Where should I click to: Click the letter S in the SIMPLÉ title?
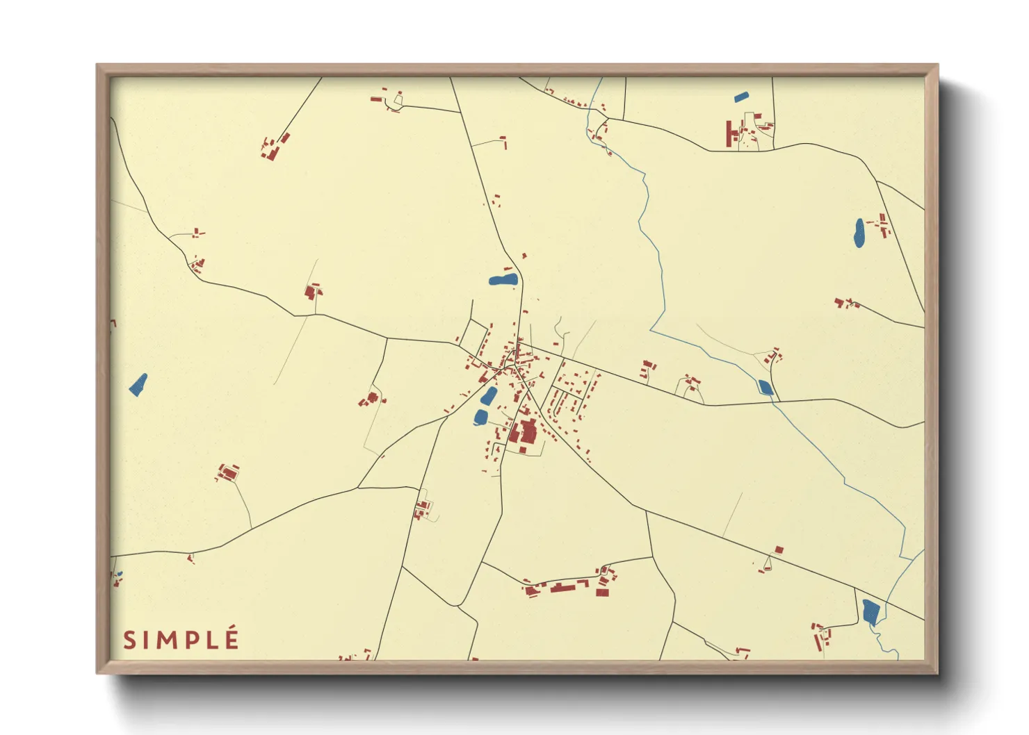point(129,640)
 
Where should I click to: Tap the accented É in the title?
point(232,638)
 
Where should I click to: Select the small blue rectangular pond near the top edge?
point(741,97)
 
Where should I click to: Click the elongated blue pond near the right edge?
point(859,233)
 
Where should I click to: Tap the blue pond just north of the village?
point(503,280)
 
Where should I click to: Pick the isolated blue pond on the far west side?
point(138,385)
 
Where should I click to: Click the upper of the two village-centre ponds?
point(489,396)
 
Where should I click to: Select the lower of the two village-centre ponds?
point(480,417)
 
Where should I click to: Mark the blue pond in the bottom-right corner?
point(870,611)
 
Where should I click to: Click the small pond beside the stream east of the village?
point(765,388)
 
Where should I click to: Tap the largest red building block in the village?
point(524,433)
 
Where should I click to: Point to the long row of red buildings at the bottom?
point(569,586)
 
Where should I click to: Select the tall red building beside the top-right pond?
point(729,134)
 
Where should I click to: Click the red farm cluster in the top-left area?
point(273,147)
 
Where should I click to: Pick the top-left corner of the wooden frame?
point(97,65)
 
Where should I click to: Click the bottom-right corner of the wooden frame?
point(937,672)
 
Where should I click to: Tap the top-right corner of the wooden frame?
point(937,65)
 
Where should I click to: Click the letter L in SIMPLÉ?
point(211,640)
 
